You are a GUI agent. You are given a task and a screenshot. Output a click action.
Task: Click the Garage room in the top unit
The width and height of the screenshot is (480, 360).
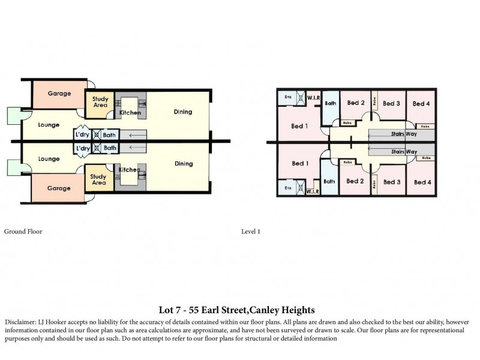click(x=59, y=94)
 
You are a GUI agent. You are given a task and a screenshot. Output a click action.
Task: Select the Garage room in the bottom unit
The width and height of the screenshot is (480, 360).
click(x=59, y=188)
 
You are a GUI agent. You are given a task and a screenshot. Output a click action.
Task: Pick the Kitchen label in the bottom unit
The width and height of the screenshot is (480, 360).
click(x=129, y=170)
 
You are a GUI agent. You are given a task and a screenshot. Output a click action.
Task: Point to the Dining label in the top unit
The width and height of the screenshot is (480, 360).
click(x=183, y=112)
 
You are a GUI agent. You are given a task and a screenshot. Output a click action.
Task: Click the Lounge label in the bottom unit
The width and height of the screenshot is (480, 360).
click(x=49, y=159)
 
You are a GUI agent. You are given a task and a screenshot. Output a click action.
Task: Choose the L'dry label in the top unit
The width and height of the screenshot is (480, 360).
click(x=83, y=134)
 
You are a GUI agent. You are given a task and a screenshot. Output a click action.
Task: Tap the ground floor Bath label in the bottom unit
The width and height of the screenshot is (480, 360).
click(x=110, y=148)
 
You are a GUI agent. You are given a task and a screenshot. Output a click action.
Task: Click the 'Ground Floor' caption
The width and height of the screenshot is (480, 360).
click(x=23, y=231)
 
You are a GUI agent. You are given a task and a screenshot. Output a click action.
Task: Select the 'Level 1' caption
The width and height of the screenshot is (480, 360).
click(x=250, y=231)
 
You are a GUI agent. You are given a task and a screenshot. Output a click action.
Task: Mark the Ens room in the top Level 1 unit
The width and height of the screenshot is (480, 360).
click(x=288, y=97)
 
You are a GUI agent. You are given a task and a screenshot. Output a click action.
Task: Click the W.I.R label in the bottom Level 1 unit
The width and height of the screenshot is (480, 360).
click(x=312, y=192)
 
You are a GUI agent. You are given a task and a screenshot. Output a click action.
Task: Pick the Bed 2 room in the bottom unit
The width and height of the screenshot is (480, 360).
click(x=355, y=181)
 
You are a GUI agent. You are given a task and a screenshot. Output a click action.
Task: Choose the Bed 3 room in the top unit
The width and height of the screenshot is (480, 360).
click(x=391, y=104)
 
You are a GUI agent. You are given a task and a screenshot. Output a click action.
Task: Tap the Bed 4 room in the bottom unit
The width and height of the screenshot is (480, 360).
click(x=421, y=182)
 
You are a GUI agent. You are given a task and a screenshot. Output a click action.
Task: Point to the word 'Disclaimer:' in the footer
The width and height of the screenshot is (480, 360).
click(x=20, y=322)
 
